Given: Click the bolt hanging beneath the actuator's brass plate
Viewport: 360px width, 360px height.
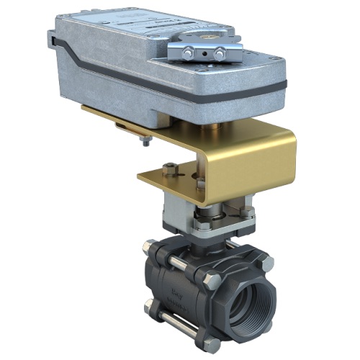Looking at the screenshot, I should [x=146, y=140].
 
